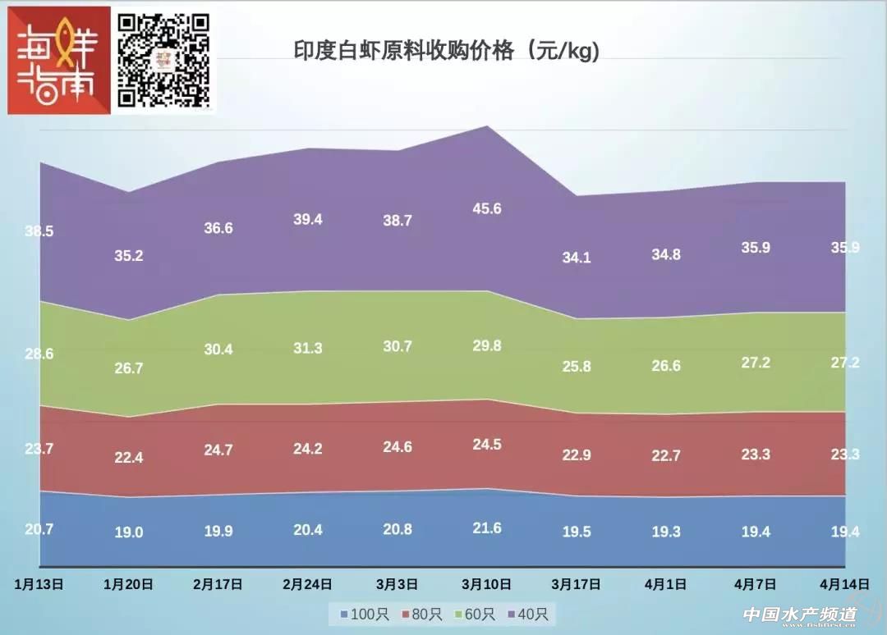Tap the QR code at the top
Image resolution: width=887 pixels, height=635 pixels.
click(163, 59)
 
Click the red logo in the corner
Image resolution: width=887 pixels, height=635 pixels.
click(58, 61)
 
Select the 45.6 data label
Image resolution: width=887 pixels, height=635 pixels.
click(487, 208)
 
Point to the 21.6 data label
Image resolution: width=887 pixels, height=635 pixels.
click(487, 528)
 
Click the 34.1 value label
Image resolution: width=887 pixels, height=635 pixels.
click(577, 258)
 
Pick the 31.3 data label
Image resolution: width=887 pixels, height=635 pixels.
click(307, 348)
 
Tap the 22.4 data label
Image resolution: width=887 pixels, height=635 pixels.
click(129, 458)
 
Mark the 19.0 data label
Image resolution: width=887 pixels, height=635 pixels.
click(129, 532)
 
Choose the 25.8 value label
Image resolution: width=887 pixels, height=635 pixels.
click(577, 367)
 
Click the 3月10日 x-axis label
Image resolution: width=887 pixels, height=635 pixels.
click(487, 585)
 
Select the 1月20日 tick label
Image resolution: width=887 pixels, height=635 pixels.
click(129, 585)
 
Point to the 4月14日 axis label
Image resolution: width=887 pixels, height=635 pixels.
click(844, 585)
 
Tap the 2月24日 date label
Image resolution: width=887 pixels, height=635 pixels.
click(307, 585)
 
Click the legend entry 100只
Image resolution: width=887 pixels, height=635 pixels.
click(359, 614)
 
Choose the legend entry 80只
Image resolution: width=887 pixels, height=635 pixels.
click(418, 614)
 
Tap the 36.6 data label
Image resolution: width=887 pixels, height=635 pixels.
click(218, 228)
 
